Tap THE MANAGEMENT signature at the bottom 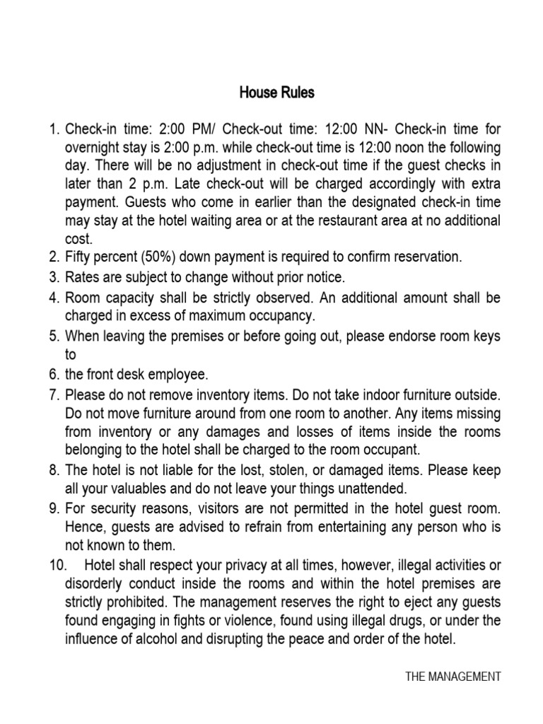(x=453, y=677)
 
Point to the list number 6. (x=55, y=373)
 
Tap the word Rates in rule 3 (x=82, y=276)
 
